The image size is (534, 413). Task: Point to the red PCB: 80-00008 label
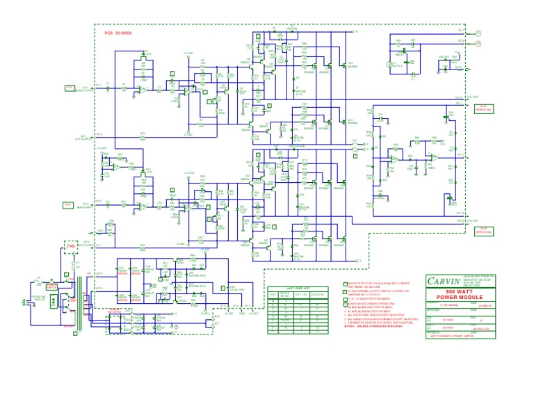coord(118,33)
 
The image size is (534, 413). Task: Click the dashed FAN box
coord(70,245)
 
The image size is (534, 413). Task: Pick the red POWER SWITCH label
coord(51,285)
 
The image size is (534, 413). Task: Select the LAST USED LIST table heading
coord(298,288)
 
